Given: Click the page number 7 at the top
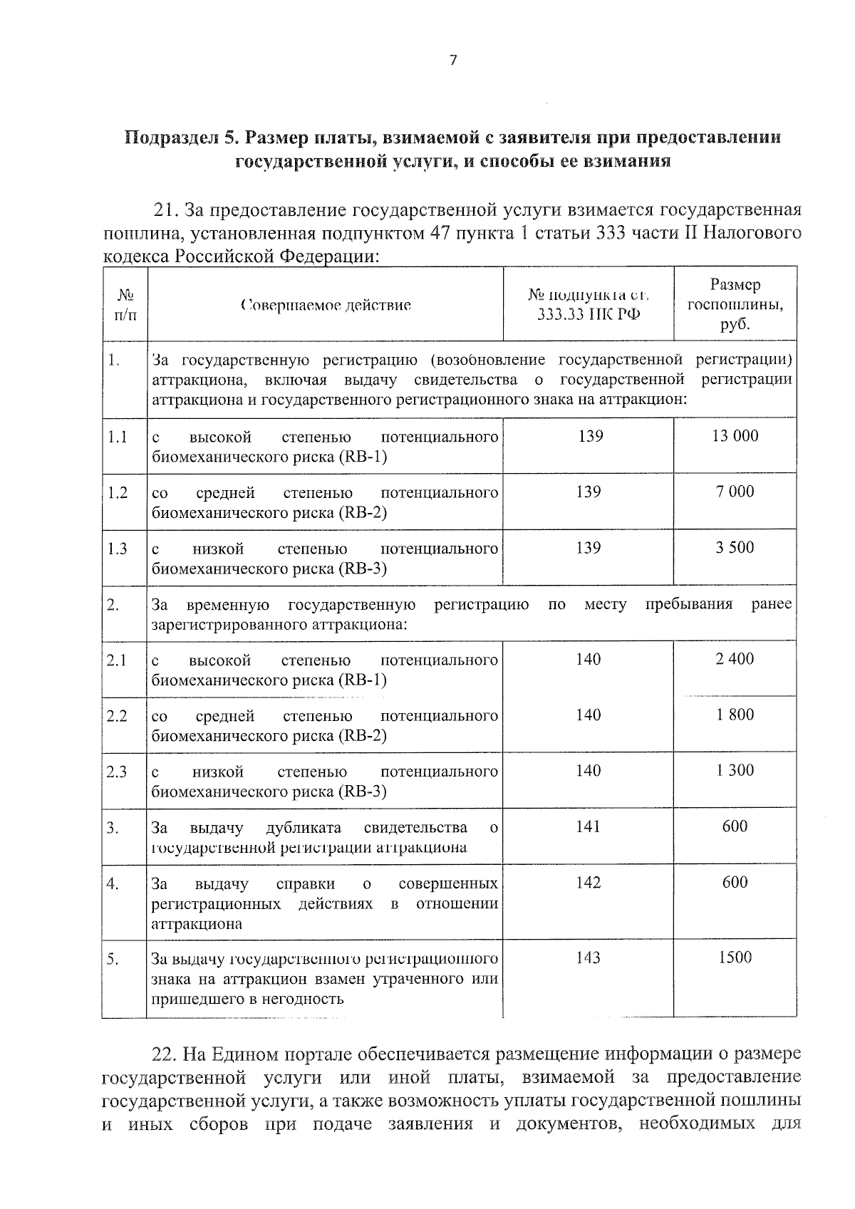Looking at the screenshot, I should tap(453, 61).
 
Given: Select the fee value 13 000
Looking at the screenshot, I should tap(735, 436).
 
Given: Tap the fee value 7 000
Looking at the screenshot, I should tap(735, 492).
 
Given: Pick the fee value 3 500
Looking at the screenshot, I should tap(735, 548).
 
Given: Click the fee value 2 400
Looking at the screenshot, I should tap(735, 659).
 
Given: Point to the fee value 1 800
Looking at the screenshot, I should tap(735, 715).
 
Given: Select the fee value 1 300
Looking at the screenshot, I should tap(735, 770).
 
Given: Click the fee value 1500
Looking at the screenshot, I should tap(735, 958).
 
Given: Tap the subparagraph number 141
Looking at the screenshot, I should tap(589, 826).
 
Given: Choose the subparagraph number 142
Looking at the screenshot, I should tap(589, 883).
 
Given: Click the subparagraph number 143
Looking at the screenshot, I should tap(589, 958).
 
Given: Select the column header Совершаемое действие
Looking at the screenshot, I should tap(326, 306).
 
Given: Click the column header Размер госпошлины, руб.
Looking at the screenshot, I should tap(735, 304).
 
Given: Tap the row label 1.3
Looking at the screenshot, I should tap(117, 549).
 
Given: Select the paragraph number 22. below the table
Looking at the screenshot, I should tap(165, 1054).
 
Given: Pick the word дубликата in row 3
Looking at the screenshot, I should tap(303, 828).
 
